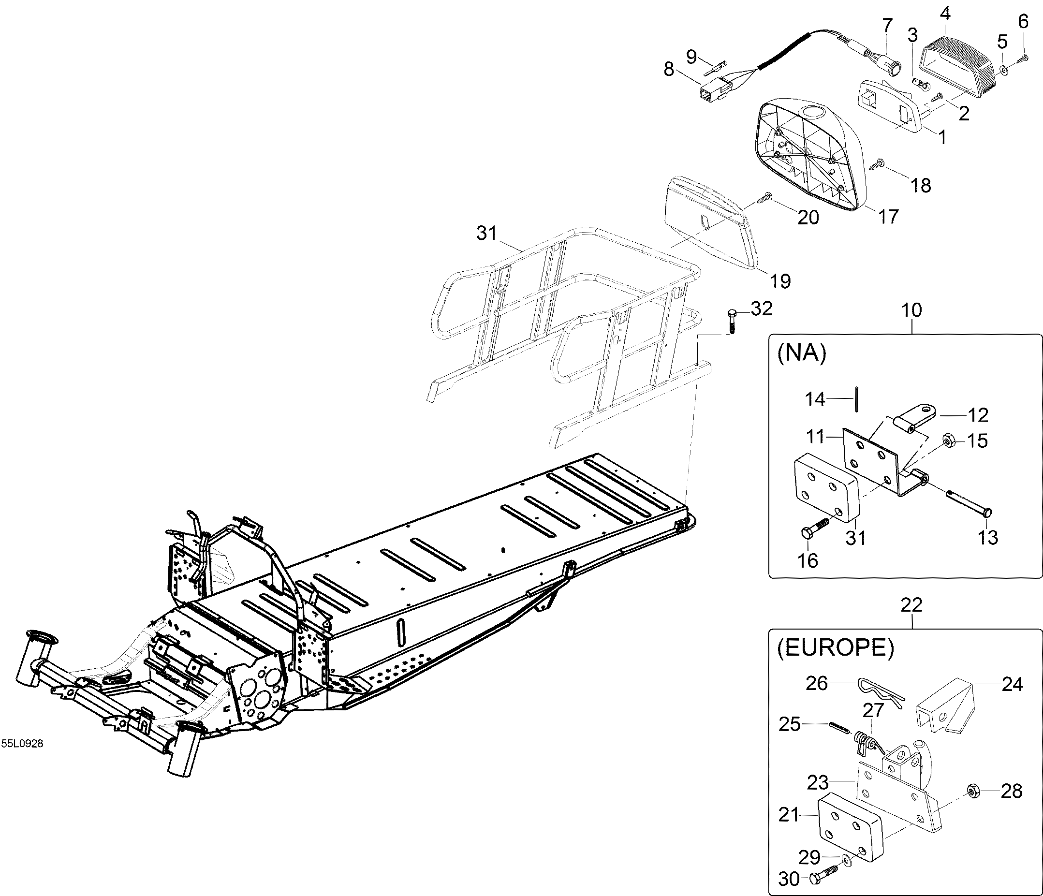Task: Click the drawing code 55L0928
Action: (x=22, y=744)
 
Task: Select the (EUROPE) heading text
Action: (x=836, y=648)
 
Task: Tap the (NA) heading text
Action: (x=802, y=354)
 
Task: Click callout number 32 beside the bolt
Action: (x=761, y=308)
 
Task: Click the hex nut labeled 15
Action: (x=946, y=441)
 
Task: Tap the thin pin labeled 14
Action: (x=856, y=397)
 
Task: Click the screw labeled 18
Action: (x=880, y=162)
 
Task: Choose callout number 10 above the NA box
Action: (x=911, y=309)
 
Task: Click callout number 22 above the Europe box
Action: (x=911, y=604)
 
